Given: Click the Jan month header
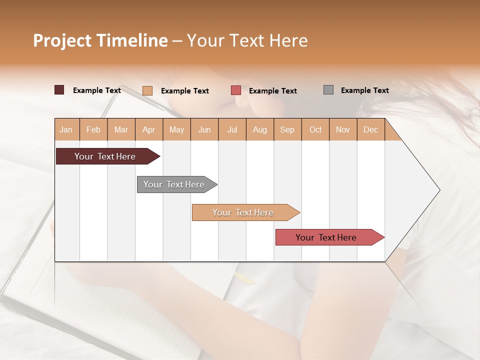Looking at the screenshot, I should coord(66,130).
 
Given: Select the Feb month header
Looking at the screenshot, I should coord(93,130).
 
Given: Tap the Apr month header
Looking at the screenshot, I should coord(148,130).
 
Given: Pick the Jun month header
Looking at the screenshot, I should coord(204,130).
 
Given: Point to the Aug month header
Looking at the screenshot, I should coord(259,130).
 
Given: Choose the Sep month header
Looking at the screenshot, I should coord(287,130).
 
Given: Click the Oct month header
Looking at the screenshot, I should coord(315,130).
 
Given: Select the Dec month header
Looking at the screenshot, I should coord(370,130).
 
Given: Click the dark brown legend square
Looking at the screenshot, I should coord(59,90).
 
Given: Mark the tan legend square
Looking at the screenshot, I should coord(147,90).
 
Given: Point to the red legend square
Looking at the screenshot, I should coord(236,90).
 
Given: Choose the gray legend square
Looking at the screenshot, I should coord(328,90).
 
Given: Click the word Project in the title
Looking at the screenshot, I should coord(62,40).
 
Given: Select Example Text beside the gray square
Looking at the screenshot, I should coord(364,90).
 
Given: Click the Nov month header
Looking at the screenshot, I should coord(342,130).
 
